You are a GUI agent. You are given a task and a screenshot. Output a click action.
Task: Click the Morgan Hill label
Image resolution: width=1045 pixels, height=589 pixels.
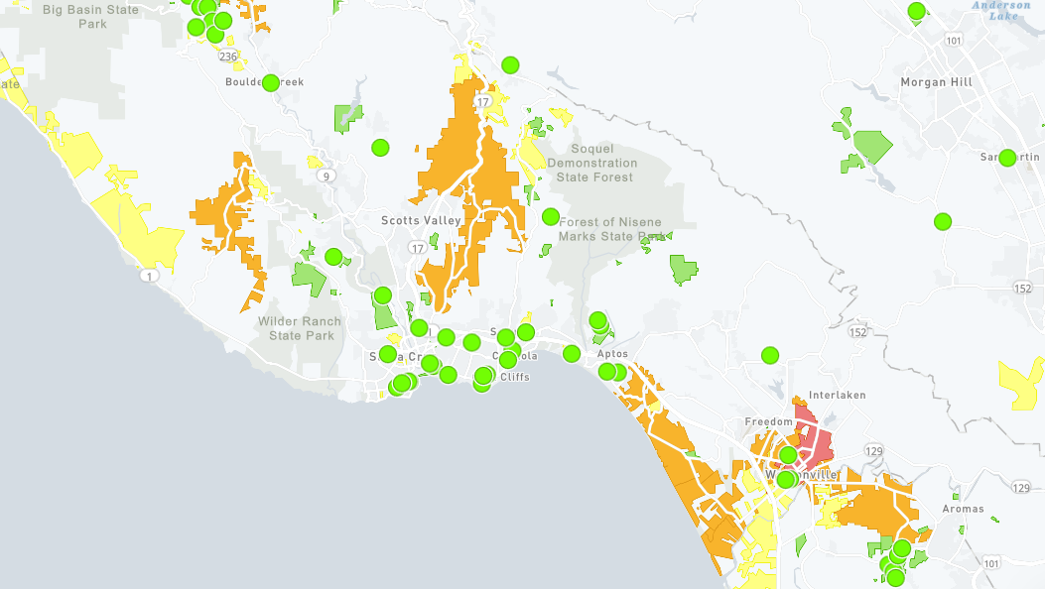[x=936, y=82]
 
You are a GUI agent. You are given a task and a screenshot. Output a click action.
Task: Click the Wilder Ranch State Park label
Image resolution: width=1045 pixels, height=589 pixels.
[x=299, y=328]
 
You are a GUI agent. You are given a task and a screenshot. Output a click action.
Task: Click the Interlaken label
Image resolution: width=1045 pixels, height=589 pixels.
[x=838, y=395]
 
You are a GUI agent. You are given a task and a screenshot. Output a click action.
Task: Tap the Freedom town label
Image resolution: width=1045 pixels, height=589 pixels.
[x=769, y=422]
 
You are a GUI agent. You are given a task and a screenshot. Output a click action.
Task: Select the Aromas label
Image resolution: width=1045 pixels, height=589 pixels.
[x=964, y=509]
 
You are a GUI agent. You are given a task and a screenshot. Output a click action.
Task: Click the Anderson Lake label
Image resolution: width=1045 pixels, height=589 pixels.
[x=1000, y=11]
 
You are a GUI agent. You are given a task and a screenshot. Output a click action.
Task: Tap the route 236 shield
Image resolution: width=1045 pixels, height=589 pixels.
[x=228, y=58]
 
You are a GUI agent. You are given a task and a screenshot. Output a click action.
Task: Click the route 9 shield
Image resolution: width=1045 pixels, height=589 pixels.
[x=326, y=177]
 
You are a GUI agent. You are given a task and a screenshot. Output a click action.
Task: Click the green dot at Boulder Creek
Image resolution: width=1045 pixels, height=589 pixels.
[x=270, y=82]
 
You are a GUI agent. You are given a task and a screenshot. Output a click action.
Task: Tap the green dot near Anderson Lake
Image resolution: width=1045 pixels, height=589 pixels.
[x=917, y=11]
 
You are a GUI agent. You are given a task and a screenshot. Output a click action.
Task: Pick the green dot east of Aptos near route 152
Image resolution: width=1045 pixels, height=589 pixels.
[x=770, y=354]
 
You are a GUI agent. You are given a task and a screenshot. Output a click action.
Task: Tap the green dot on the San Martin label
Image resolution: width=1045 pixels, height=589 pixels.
[x=1007, y=158]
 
